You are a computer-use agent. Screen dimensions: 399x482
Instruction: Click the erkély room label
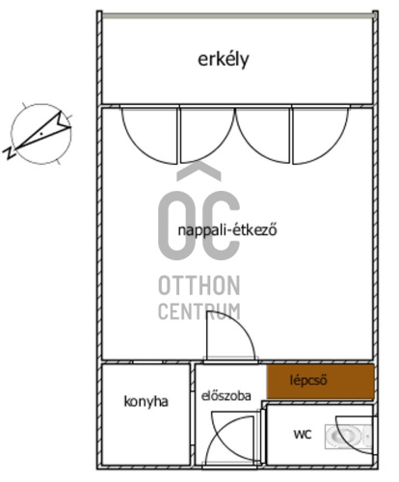[224, 60]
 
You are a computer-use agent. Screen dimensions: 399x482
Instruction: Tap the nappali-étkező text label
[227, 230]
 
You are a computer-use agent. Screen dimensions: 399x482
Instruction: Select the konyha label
[146, 402]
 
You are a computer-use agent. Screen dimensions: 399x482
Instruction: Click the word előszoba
[226, 396]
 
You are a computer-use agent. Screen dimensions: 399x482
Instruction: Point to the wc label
[303, 435]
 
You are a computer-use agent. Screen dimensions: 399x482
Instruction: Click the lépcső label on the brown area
[308, 381]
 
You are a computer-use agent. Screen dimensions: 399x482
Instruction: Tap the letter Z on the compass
[10, 153]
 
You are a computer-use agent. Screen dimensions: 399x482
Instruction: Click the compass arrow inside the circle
[43, 131]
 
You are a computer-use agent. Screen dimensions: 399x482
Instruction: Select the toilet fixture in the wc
[349, 437]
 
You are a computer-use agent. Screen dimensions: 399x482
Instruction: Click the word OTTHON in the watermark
[199, 285]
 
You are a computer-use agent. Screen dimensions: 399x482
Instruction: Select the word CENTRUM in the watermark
[199, 311]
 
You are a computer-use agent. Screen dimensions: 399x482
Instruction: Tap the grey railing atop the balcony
[238, 15]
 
